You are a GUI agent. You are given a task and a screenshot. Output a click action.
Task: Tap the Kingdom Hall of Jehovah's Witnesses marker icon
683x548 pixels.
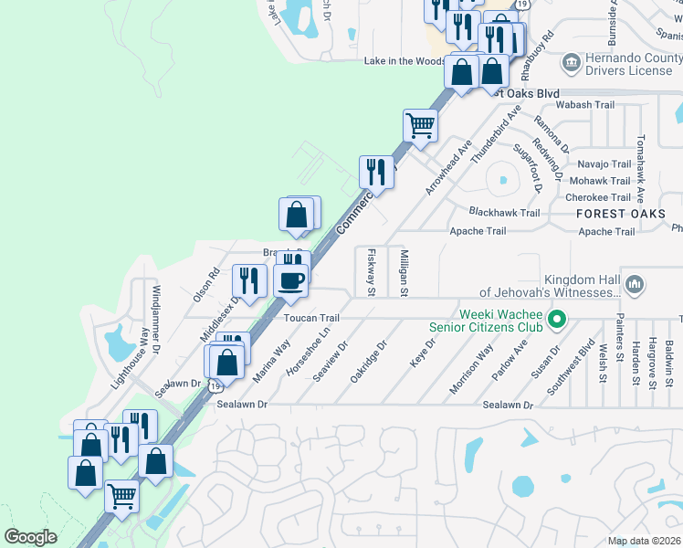pyautogui.click(x=635, y=285)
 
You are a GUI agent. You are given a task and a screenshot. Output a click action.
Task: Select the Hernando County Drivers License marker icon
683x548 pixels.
pyautogui.click(x=572, y=63)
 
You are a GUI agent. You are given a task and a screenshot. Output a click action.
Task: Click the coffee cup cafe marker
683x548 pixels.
pyautogui.click(x=290, y=283)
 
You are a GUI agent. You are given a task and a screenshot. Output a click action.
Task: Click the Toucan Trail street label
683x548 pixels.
pyautogui.click(x=311, y=318)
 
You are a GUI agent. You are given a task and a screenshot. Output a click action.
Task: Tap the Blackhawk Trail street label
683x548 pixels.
pyautogui.click(x=504, y=213)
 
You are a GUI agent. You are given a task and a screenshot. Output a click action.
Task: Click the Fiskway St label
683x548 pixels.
pyautogui.click(x=372, y=272)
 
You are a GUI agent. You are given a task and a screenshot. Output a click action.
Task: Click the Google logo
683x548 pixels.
pyautogui.click(x=30, y=537)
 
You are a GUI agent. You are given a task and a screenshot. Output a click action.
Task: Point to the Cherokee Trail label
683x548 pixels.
pyautogui.click(x=599, y=197)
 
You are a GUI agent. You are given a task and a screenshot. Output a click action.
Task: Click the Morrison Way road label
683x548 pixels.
pyautogui.click(x=471, y=369)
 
